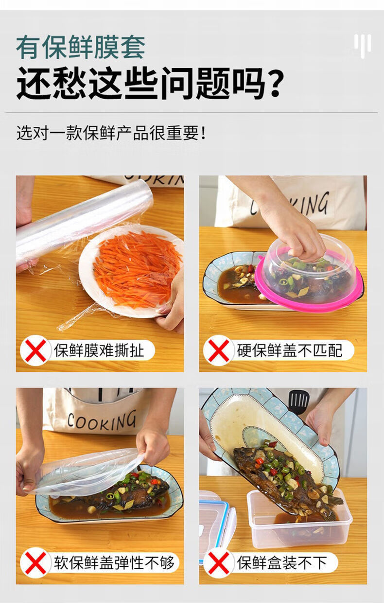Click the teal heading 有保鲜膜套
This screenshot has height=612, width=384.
(x=81, y=47)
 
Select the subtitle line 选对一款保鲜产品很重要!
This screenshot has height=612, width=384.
(x=111, y=133)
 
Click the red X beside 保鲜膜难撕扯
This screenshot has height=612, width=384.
(x=35, y=350)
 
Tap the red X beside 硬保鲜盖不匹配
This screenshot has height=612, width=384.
(x=219, y=350)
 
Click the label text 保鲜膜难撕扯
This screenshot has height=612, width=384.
(x=99, y=350)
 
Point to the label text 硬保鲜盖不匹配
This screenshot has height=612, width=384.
(x=290, y=350)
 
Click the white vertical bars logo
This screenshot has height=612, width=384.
(x=363, y=46)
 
